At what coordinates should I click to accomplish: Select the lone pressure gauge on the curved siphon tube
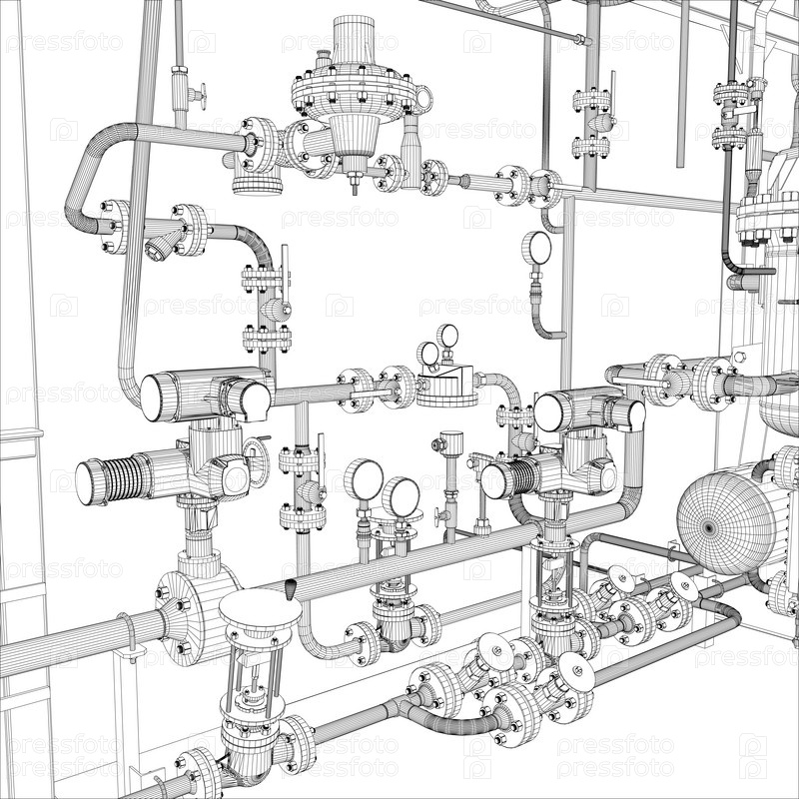pyautogui.click(x=536, y=248)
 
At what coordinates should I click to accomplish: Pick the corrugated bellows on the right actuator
pyautogui.click(x=523, y=476)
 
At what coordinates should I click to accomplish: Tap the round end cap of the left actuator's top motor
pyautogui.click(x=152, y=398)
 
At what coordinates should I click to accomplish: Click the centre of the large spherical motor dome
pyautogui.click(x=709, y=528)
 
